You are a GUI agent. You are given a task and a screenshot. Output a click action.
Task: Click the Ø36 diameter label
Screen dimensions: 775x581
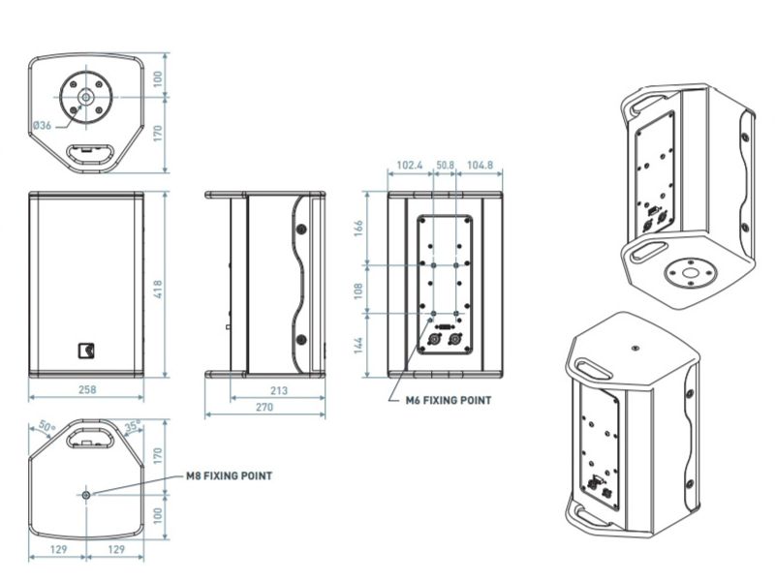point(43,125)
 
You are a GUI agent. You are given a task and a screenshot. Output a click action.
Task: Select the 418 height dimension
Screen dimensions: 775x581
point(158,290)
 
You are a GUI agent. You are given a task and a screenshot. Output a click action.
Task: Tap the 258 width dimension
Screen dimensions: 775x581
point(87,389)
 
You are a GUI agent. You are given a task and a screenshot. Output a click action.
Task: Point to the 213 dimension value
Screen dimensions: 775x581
point(279,390)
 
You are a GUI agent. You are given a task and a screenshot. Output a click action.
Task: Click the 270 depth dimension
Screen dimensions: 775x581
point(264,407)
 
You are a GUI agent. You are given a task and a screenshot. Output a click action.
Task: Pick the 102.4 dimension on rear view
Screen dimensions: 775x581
point(409,165)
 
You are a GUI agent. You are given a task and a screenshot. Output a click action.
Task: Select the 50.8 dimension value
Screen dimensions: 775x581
point(445,165)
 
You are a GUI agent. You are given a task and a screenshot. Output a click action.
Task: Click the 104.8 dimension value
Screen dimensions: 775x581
point(480,165)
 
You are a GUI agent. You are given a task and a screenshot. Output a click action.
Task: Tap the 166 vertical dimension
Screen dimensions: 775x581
point(358,228)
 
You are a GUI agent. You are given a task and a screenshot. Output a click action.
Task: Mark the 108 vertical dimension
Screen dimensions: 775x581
point(358,290)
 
